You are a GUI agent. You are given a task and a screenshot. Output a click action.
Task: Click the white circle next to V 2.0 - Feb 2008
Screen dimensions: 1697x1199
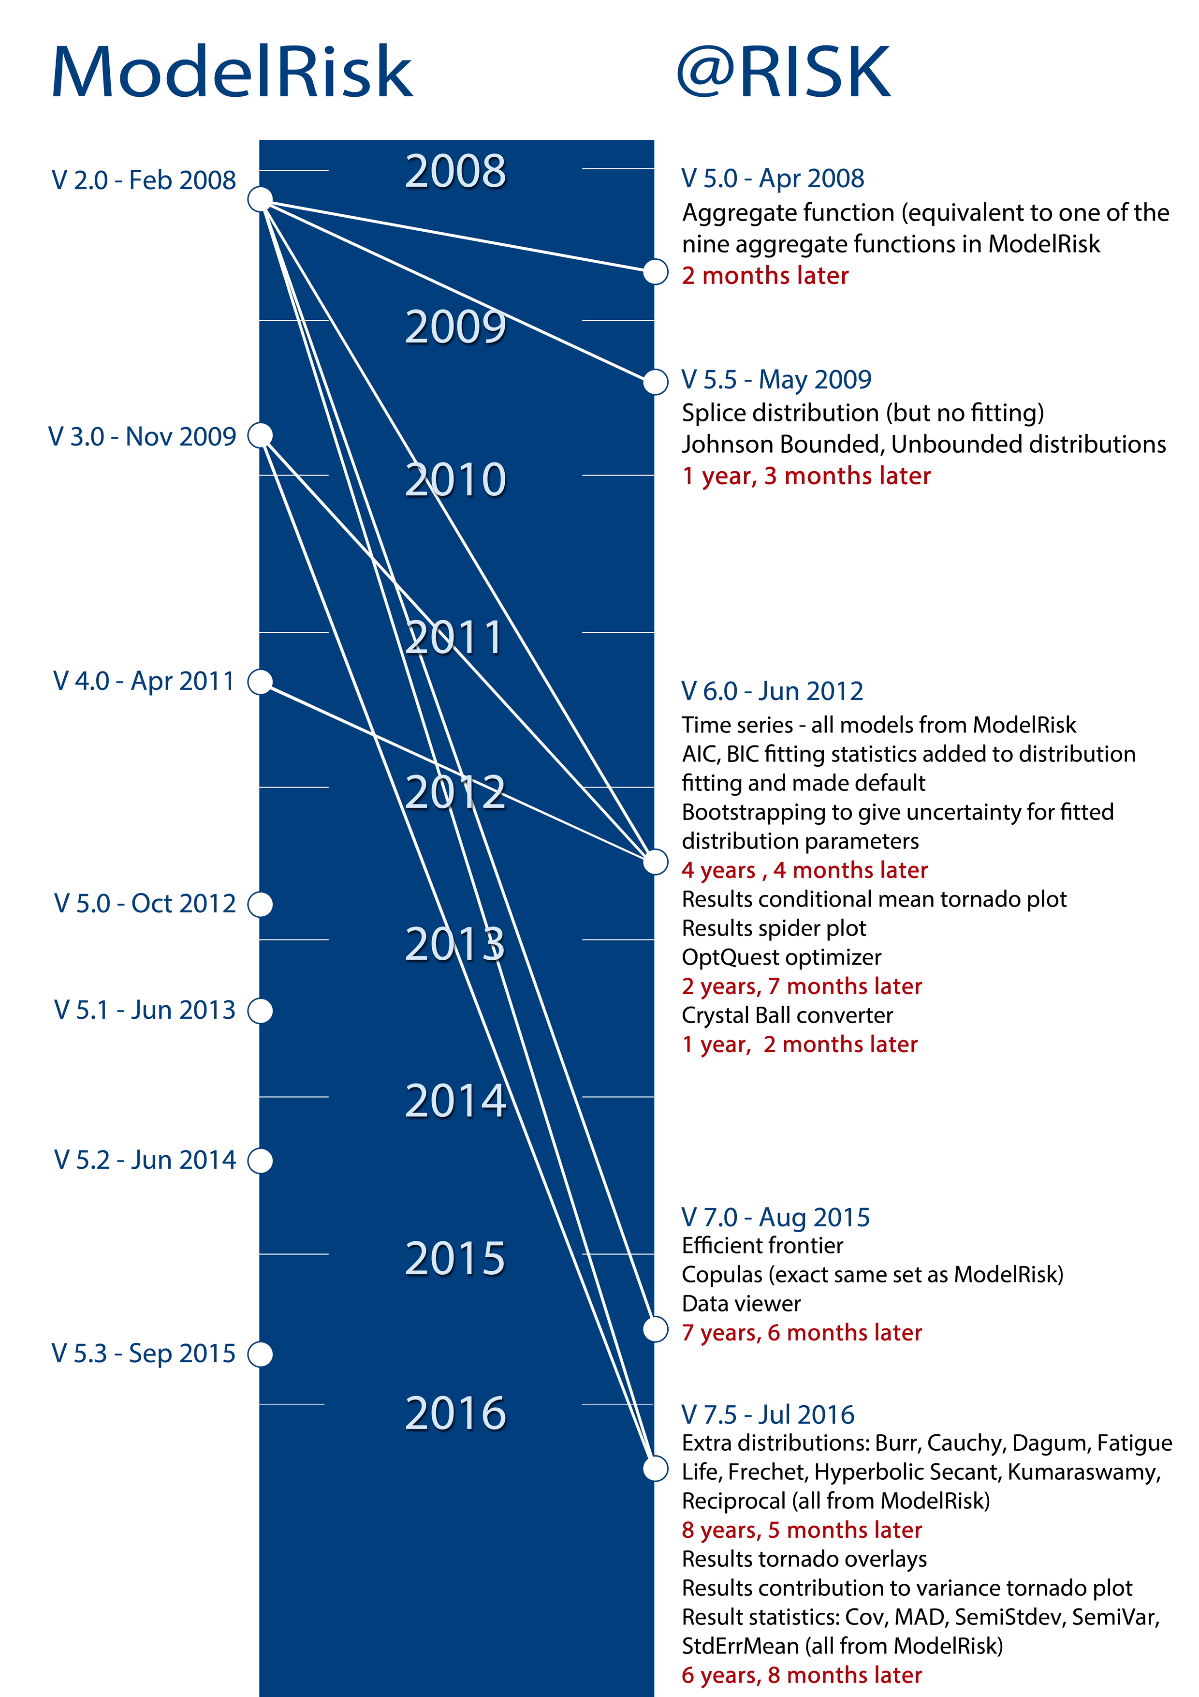260,199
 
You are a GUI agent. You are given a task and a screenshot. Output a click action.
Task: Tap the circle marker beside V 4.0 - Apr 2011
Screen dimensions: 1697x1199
260,682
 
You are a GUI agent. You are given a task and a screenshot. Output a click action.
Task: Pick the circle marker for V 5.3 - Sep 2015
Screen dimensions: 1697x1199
260,1354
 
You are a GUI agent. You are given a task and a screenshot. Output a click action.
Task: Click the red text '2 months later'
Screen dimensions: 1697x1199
765,276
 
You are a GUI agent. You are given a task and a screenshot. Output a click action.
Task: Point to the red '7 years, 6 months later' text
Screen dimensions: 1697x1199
802,1333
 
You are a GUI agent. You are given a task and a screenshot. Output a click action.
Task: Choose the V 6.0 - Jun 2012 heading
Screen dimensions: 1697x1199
772,692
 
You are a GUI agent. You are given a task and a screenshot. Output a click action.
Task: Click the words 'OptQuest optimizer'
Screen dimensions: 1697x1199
782,958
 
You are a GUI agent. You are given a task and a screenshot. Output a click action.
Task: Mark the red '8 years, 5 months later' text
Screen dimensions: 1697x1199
802,1530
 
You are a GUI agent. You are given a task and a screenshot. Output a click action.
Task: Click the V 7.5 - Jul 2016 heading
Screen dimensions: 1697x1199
768,1414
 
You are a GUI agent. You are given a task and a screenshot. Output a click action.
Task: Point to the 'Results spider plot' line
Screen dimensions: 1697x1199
774,928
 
